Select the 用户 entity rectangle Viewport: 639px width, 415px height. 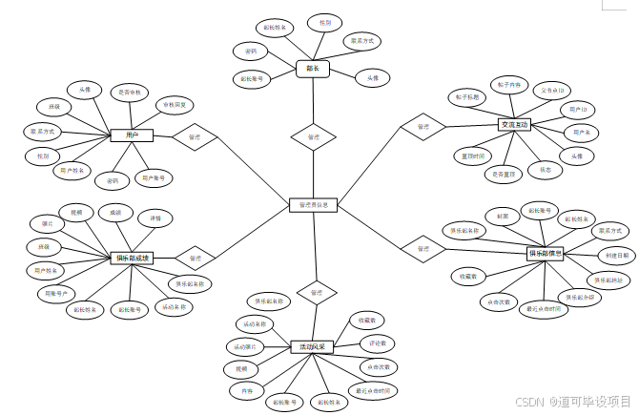[132, 136]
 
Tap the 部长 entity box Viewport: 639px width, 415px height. [313, 69]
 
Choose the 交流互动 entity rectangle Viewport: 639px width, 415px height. [513, 125]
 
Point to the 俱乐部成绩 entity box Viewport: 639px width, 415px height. [131, 258]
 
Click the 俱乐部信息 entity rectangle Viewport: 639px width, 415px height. [546, 254]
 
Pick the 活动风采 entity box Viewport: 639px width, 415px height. [313, 347]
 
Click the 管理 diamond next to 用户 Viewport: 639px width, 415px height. [195, 136]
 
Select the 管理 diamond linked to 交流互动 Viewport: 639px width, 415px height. [423, 126]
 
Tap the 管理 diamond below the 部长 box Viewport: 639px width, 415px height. [314, 137]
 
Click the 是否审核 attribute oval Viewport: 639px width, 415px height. [129, 93]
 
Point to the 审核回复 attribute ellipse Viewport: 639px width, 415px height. [175, 105]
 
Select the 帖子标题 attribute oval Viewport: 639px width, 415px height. [467, 96]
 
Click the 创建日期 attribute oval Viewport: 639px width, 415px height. [616, 257]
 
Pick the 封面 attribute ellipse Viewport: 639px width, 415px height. [504, 216]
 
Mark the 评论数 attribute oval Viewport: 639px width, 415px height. [376, 342]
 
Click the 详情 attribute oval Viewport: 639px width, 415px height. [155, 218]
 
